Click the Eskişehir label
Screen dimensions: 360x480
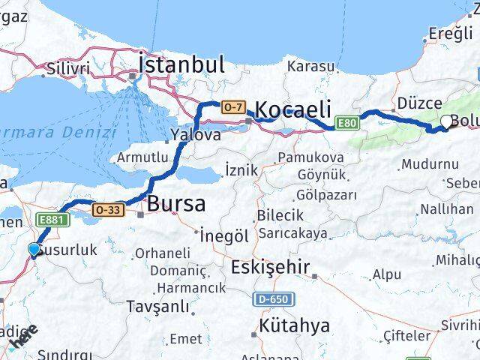point(269,267)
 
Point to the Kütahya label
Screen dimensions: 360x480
point(294,326)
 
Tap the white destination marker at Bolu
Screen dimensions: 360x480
point(447,121)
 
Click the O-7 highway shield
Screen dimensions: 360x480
point(232,108)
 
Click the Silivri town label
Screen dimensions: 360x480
point(67,68)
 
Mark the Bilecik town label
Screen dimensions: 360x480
point(278,215)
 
